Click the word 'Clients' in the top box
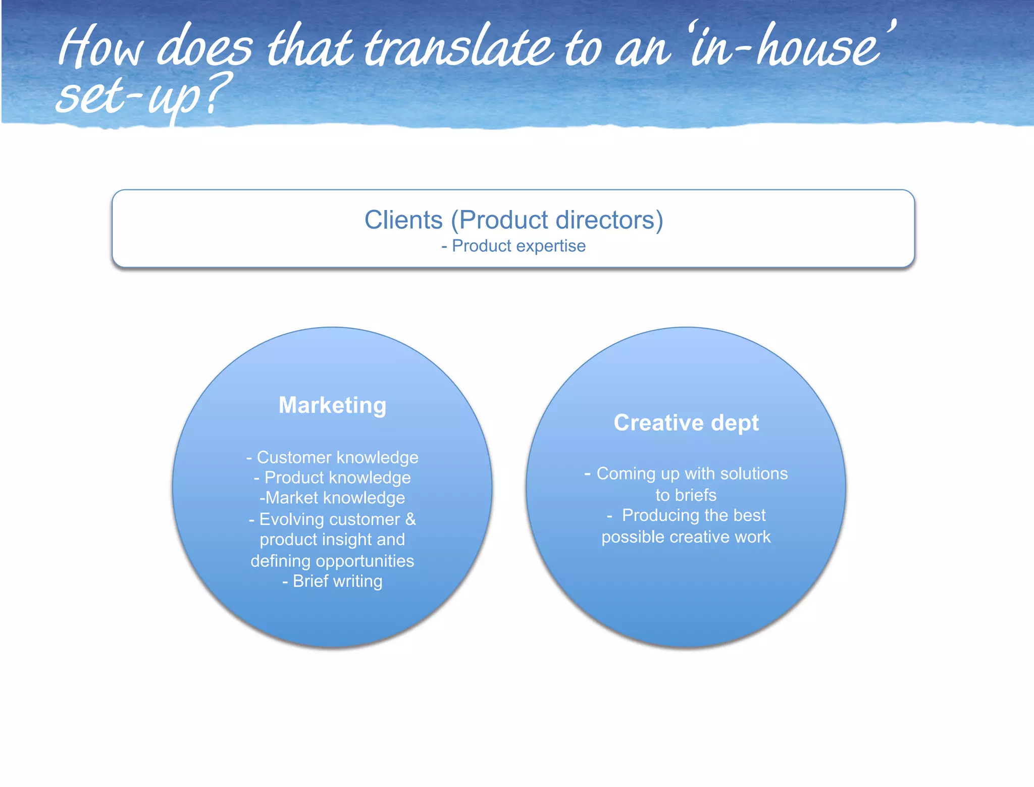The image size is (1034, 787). (403, 220)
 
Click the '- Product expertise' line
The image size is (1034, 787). (513, 246)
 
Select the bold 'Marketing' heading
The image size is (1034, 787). (332, 405)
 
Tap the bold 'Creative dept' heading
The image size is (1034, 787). (686, 423)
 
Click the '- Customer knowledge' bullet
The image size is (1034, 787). (332, 457)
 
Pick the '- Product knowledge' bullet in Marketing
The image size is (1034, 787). (332, 478)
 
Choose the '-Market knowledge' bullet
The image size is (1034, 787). (332, 498)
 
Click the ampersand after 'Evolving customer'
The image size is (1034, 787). (410, 519)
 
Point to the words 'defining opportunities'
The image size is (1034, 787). (332, 561)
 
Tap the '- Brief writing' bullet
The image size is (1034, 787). (332, 581)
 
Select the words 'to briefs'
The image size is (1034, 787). (686, 495)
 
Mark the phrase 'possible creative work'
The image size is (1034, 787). (686, 537)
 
